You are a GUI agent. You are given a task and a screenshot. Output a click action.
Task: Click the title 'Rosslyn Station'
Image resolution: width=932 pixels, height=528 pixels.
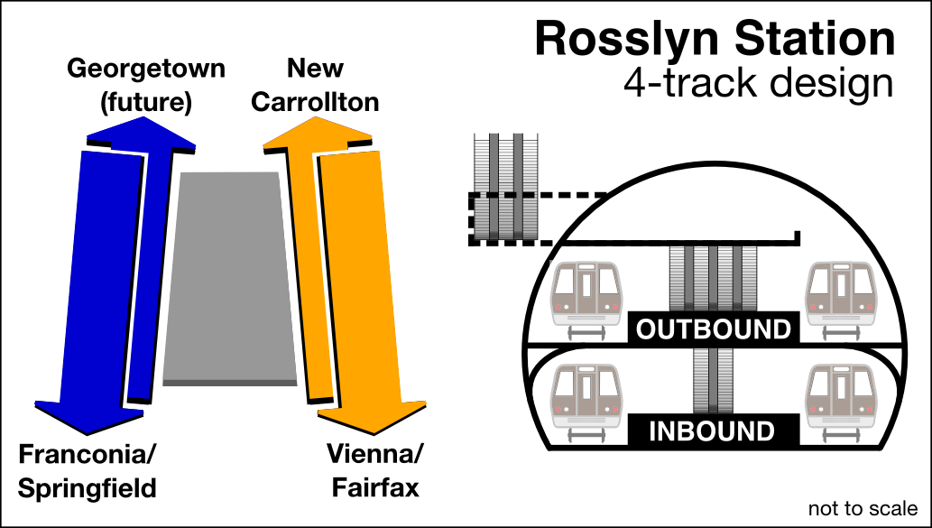tap(715, 40)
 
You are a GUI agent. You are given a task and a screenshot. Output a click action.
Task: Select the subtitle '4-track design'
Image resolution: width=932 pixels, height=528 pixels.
tap(758, 83)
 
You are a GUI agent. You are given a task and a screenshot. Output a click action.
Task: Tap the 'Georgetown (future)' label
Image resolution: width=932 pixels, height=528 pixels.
tap(146, 86)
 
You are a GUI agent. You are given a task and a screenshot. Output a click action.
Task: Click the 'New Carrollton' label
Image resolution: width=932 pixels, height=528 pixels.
tap(314, 86)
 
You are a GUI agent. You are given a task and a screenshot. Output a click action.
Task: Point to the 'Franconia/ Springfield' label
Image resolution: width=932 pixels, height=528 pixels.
tap(87, 471)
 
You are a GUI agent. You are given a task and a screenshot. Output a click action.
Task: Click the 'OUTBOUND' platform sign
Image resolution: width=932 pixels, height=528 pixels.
tap(713, 329)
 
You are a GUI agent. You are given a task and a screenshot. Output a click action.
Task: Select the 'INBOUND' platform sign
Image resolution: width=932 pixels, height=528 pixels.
tap(713, 431)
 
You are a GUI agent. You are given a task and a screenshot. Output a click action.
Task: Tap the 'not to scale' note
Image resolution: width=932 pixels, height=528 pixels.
tap(863, 509)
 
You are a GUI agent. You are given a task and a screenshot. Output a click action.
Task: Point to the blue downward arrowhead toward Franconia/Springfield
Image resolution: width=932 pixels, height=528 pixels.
tap(88, 417)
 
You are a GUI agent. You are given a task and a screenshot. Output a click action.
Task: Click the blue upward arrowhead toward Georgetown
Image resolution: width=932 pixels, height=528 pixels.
tap(141, 135)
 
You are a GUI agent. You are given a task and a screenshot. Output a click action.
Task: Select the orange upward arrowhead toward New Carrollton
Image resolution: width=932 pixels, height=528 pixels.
tap(316, 135)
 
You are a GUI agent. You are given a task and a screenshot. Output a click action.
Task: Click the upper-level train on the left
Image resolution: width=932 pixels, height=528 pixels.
tap(587, 298)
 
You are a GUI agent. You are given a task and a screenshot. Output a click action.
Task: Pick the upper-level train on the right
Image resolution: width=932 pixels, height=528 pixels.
tap(841, 298)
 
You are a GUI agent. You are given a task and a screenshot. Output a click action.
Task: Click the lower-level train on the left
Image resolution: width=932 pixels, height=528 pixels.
tap(587, 397)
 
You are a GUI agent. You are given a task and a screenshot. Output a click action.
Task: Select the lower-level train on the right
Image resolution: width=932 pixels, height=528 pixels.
tap(841, 397)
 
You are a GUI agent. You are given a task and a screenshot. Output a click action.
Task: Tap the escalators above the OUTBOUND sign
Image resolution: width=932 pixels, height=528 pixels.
tap(713, 278)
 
